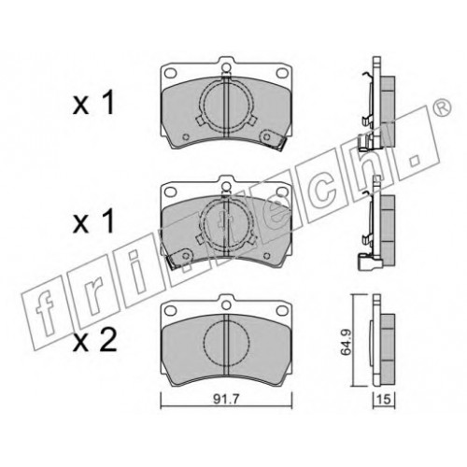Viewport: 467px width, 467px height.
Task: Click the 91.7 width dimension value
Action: tap(226, 399)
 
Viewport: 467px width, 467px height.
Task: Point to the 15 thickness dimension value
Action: tap(385, 400)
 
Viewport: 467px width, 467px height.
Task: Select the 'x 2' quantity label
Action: tap(94, 342)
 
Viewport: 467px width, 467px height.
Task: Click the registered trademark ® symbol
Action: tap(443, 106)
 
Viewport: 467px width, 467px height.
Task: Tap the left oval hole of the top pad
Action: tap(171, 73)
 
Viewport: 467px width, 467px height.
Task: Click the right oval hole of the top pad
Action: tap(282, 73)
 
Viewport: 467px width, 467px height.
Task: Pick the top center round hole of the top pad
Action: tap(226, 67)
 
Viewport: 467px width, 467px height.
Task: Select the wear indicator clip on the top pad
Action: tap(274, 139)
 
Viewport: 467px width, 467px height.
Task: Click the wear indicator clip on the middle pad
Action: tap(178, 258)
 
